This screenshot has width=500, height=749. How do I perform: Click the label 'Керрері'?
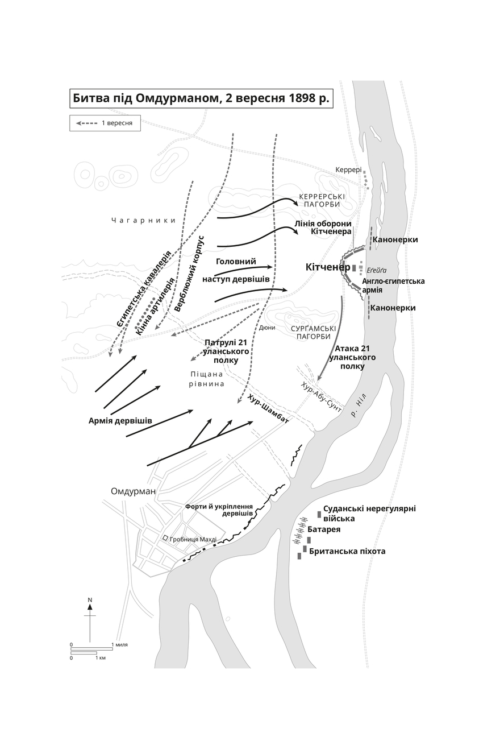348,170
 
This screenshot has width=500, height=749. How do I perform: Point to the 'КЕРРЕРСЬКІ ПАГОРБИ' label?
322,200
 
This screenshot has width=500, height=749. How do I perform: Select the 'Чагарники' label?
143,220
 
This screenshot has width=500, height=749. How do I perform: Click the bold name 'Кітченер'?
328,267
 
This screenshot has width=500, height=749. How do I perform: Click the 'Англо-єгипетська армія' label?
393,285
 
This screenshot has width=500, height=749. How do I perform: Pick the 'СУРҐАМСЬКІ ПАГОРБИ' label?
313,332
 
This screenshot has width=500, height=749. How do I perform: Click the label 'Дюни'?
267,328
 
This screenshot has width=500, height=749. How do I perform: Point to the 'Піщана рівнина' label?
206,379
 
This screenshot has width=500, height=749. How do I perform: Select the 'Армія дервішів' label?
120,421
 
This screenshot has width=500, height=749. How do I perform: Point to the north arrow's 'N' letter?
90,600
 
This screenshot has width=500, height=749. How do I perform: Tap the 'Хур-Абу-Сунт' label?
321,397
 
